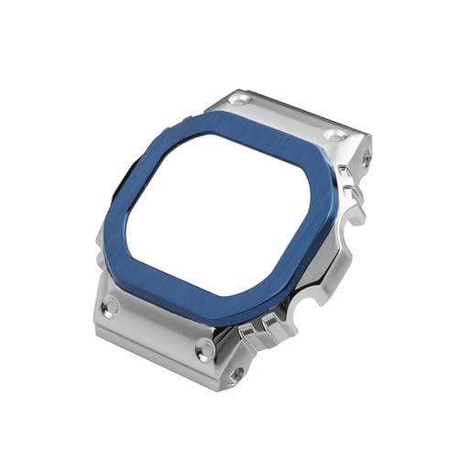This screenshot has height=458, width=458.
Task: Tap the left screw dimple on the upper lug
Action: coord(240,96)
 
